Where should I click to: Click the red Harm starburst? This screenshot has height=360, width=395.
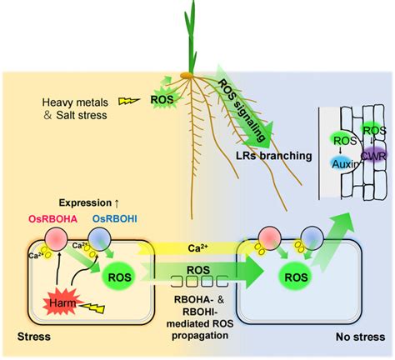(x=62, y=302)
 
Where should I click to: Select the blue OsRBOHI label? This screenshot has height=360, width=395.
(x=115, y=219)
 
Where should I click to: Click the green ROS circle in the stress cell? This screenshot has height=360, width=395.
(x=119, y=277)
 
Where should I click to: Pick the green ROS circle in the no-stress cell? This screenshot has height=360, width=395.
(x=296, y=277)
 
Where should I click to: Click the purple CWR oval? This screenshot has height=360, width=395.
(x=373, y=156)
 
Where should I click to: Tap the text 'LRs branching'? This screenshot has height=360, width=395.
(x=274, y=156)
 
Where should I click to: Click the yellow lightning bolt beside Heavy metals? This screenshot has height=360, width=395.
(x=129, y=101)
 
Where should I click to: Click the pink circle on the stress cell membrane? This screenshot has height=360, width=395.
(x=57, y=239)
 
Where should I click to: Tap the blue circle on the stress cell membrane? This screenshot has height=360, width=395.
(x=99, y=239)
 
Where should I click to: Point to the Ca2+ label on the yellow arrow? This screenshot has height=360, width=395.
(x=198, y=247)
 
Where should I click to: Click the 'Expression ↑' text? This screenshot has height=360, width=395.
(x=89, y=202)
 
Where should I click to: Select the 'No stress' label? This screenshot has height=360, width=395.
(x=360, y=337)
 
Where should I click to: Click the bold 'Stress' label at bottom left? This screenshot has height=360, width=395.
(x=34, y=337)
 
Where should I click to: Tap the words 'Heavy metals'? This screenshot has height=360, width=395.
(x=75, y=102)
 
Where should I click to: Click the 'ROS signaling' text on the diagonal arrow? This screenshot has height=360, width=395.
(x=241, y=110)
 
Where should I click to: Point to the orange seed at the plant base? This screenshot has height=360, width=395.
(x=187, y=75)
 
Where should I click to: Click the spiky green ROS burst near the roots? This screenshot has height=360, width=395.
(x=162, y=98)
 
